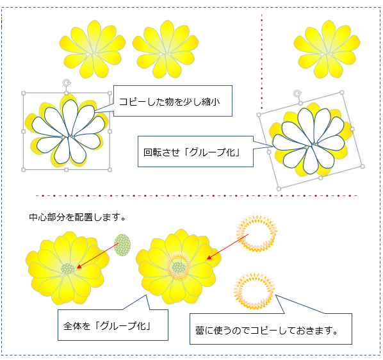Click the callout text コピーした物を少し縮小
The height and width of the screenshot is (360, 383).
[169, 102]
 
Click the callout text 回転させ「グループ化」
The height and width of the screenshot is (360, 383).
[191, 152]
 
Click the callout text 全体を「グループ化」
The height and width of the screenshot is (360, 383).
[107, 326]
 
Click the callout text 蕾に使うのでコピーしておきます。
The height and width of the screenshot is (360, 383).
[266, 331]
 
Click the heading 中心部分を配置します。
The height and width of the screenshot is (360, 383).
[77, 217]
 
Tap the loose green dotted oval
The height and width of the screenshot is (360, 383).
[122, 245]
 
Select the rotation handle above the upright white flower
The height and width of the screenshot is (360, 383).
[66, 83]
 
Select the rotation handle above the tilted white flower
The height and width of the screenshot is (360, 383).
[297, 94]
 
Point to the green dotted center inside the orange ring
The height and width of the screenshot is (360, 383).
[179, 267]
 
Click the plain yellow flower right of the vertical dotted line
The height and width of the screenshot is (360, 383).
[327, 49]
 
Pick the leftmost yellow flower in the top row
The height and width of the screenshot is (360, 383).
[93, 49]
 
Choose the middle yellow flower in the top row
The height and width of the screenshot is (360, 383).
[166, 49]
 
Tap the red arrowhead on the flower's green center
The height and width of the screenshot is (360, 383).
[79, 266]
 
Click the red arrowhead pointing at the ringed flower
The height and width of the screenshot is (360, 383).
[209, 258]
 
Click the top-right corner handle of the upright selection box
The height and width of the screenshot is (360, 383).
[110, 93]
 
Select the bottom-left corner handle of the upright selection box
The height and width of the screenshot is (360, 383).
[24, 170]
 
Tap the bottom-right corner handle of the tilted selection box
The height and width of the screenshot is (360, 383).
[363, 167]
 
